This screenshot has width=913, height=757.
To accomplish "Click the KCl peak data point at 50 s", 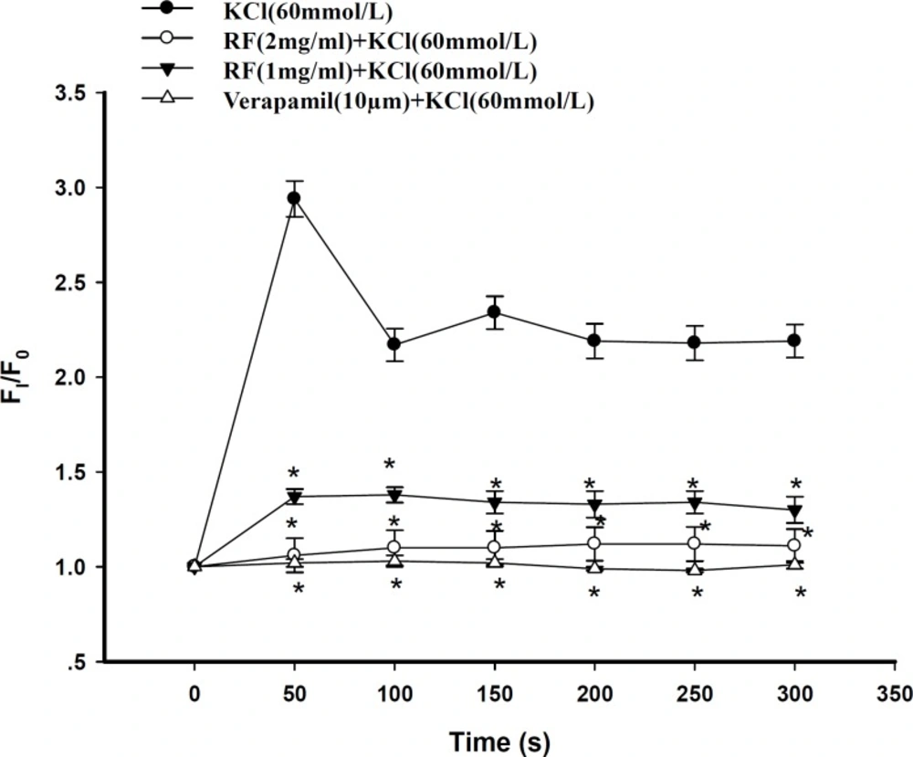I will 294,198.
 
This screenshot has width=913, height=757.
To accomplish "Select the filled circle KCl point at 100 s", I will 394,344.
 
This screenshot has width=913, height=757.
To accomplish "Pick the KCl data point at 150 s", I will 494,312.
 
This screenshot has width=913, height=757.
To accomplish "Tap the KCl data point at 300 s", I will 794,341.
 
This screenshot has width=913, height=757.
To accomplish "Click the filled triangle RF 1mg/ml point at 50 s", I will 294,497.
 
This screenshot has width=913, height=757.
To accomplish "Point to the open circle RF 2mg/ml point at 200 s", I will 594,543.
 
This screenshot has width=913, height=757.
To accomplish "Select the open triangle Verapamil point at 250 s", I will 695,570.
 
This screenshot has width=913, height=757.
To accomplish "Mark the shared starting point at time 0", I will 194,566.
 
